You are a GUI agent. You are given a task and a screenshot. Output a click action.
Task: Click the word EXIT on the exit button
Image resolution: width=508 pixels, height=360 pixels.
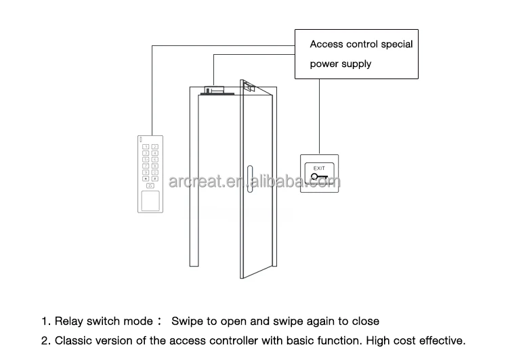[x=320, y=168]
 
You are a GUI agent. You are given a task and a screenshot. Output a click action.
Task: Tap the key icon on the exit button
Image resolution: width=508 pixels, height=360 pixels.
[x=318, y=178]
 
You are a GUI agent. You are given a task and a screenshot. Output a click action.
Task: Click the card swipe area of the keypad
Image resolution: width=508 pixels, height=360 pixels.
[x=150, y=200]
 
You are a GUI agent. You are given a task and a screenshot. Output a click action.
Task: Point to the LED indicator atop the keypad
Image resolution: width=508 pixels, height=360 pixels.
[x=142, y=140]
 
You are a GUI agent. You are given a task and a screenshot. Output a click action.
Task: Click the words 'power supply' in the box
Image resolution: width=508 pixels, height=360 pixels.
[x=341, y=64]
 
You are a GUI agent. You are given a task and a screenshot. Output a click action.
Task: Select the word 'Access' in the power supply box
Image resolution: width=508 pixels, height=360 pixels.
[x=325, y=45]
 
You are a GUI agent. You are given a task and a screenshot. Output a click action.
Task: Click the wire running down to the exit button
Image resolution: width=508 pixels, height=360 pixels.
[x=320, y=115]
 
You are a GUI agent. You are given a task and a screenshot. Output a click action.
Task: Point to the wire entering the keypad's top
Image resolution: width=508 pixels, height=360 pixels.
[x=152, y=122]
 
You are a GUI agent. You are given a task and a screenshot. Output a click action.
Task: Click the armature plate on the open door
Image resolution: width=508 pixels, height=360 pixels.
[x=249, y=87]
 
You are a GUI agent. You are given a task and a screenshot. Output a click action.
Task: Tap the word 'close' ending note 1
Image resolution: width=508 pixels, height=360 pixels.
[x=366, y=321]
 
